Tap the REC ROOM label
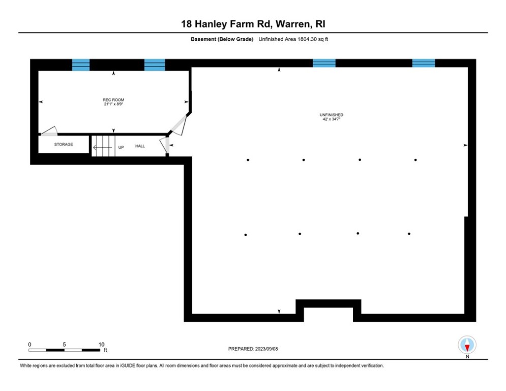point(113,100)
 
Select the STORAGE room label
point(64,145)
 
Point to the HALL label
point(140,146)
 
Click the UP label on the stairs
point(121,147)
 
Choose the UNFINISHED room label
point(328,115)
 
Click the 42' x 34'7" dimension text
point(328,119)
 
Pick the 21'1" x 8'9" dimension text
point(113,104)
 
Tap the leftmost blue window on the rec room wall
point(80,65)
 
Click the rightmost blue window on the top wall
point(423,63)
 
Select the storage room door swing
point(49,131)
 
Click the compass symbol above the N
point(467,345)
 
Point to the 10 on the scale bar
point(101,345)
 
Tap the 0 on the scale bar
point(29,345)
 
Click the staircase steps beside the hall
point(103,146)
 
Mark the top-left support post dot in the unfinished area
point(248,160)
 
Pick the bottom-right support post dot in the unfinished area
point(409,234)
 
